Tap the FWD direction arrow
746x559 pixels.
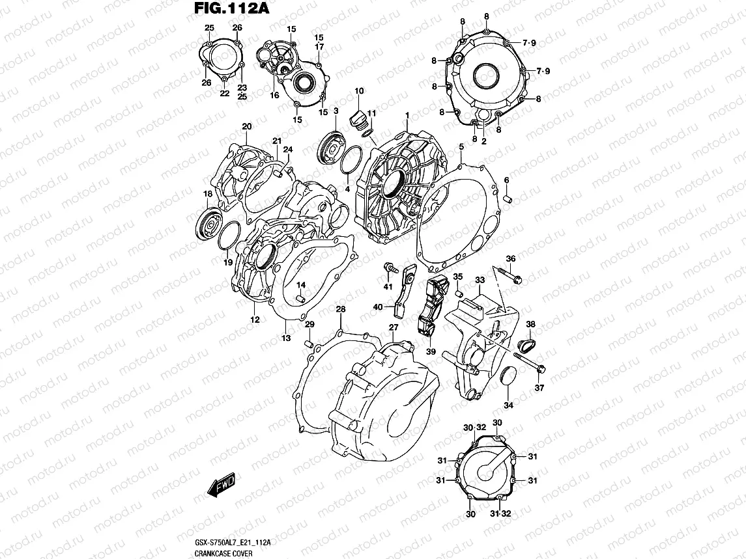221,486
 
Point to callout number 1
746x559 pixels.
407,115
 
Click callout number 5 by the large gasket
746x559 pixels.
461,148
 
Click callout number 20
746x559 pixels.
246,126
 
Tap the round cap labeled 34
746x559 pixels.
508,378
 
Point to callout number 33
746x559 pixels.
480,280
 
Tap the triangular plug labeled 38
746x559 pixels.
528,343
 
